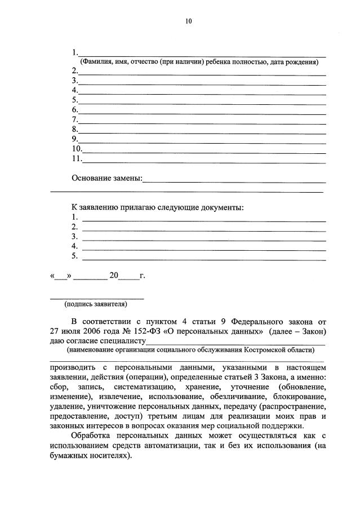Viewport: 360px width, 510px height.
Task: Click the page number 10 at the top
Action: pyautogui.click(x=188, y=21)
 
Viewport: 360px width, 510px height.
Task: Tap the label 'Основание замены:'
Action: pyautogui.click(x=106, y=179)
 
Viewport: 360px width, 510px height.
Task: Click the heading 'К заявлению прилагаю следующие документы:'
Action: pyautogui.click(x=157, y=207)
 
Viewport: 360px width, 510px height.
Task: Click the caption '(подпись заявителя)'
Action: pyautogui.click(x=96, y=305)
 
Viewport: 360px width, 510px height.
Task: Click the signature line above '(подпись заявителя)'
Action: pyautogui.click(x=97, y=298)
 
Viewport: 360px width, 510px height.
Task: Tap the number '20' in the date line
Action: pyautogui.click(x=114, y=276)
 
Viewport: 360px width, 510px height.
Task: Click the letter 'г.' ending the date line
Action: pyautogui.click(x=142, y=276)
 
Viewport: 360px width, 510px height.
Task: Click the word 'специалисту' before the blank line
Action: pyautogui.click(x=125, y=341)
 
